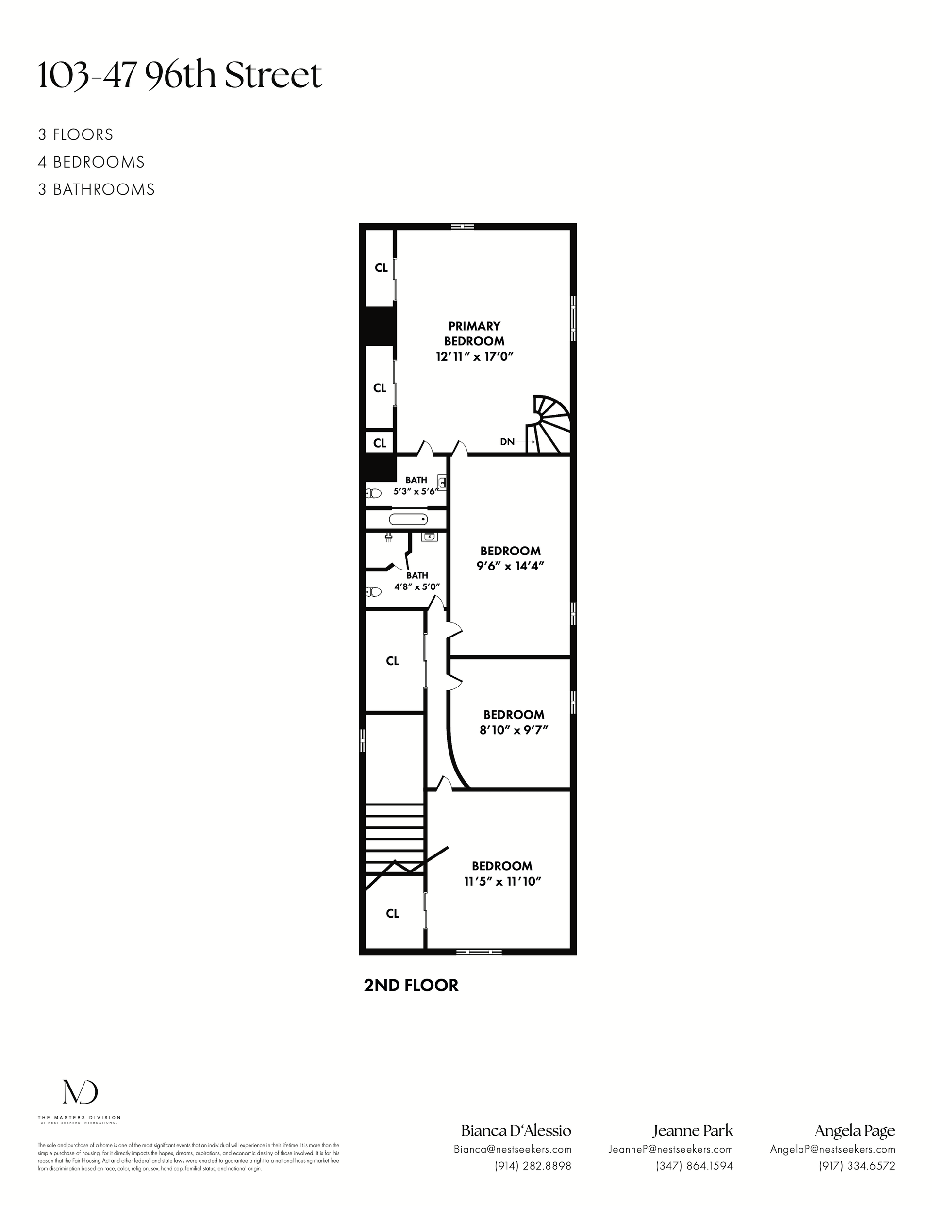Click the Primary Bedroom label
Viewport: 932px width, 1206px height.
pos(474,334)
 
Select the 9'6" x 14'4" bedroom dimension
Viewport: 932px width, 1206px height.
pos(510,566)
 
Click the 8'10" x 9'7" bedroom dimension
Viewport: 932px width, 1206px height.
pos(514,730)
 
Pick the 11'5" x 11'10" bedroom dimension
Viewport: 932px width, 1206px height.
pos(502,881)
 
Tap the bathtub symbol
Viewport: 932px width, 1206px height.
pos(408,519)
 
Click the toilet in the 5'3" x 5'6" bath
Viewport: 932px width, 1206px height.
pos(374,493)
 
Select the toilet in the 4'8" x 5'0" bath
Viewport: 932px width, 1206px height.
pos(374,592)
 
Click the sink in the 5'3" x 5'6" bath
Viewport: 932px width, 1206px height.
pos(442,482)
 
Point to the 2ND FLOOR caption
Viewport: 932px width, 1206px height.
pos(411,986)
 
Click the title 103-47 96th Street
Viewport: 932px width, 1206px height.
pos(180,76)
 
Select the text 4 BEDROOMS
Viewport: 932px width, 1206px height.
pos(91,162)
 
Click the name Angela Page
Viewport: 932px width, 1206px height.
pos(855,1131)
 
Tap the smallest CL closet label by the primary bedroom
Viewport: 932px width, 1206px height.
pos(380,443)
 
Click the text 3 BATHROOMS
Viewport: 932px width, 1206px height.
pos(96,189)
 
